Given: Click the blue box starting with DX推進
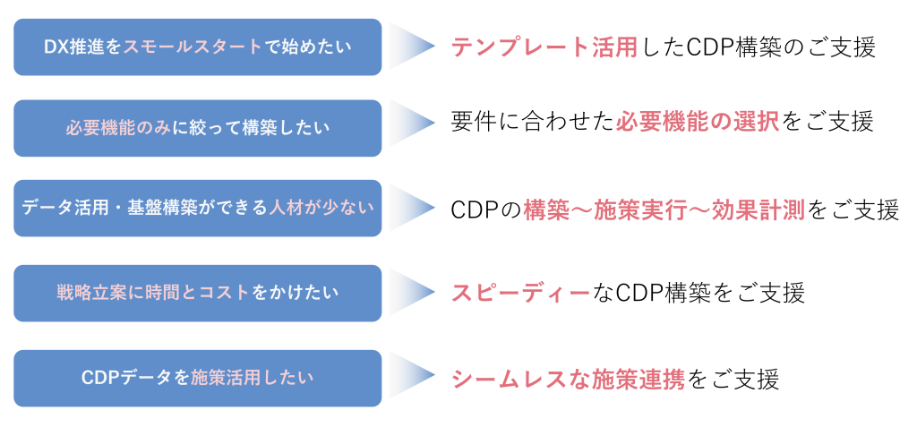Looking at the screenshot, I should pos(198,47).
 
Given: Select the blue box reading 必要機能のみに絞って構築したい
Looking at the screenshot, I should pos(198,127).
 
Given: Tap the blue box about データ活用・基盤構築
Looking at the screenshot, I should pos(198,208).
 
